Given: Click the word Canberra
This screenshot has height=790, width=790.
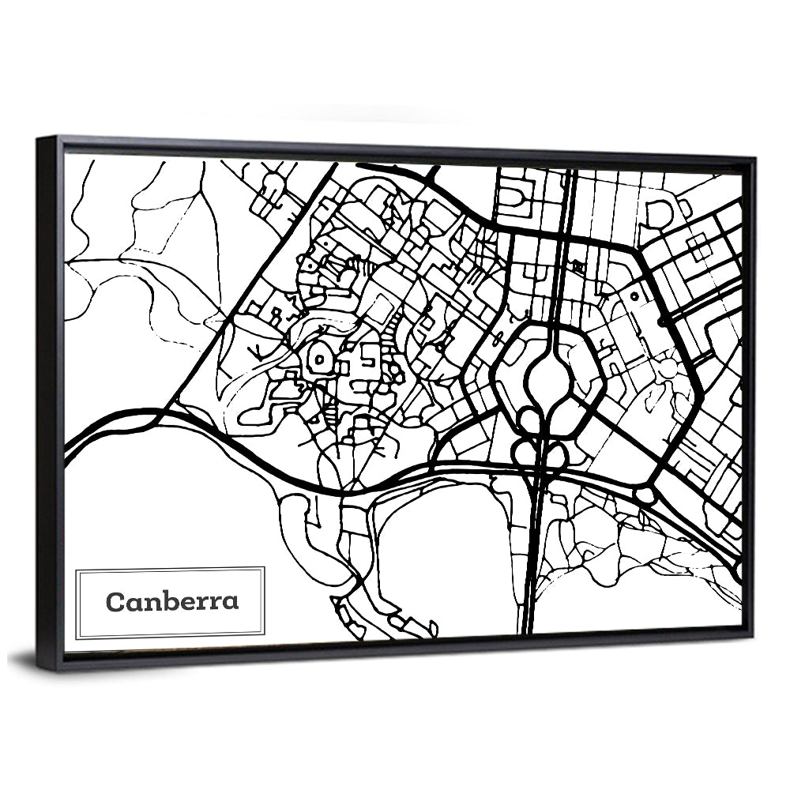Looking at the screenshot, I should [171, 602].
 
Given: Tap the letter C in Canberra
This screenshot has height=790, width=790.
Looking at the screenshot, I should [115, 602].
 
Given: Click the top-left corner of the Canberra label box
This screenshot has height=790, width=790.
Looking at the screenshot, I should [76, 567].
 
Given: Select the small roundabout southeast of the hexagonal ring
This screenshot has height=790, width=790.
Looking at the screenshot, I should [645, 495].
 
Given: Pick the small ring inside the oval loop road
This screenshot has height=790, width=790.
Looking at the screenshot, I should [318, 359].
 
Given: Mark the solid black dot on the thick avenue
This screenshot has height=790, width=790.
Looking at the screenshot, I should [660, 322].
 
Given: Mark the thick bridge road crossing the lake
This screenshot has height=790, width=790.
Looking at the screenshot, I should [531, 553].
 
